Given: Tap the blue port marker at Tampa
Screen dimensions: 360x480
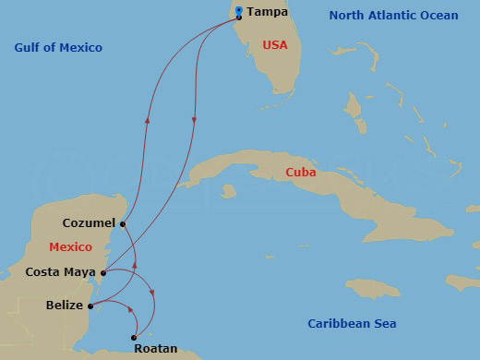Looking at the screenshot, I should [239, 11].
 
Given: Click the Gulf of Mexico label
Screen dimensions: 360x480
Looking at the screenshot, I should [58, 47].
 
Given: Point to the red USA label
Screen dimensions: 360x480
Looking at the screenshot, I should [276, 44].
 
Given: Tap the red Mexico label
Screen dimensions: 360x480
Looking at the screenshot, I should [71, 246].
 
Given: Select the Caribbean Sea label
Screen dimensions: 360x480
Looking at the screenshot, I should [352, 323].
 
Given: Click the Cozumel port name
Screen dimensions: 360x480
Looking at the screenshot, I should [89, 223].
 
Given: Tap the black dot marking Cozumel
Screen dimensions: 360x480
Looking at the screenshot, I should [123, 223].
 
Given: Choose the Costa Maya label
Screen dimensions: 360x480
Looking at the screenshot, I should [60, 272].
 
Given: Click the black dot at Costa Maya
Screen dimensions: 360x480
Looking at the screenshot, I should [103, 272].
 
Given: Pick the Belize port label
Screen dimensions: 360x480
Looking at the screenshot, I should [63, 305].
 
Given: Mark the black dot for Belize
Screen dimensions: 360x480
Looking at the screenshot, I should [90, 305].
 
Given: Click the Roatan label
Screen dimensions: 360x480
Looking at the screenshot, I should [155, 349].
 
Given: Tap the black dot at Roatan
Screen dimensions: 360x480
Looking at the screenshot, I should [136, 336].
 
